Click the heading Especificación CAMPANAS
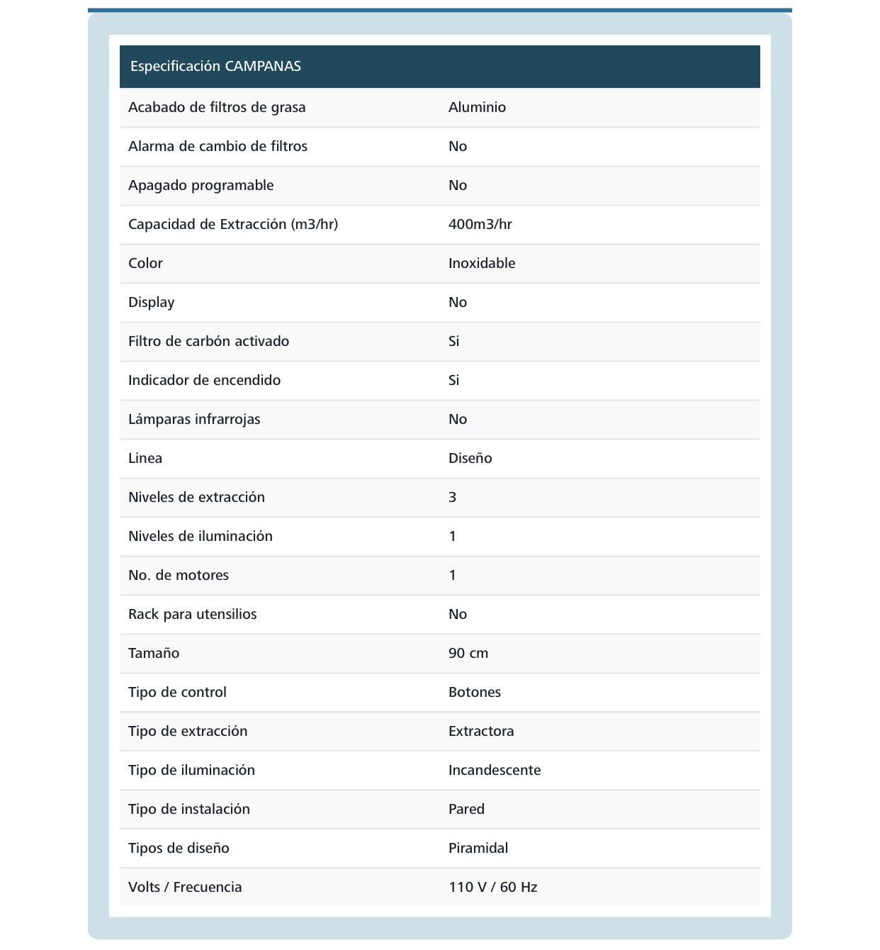pyautogui.click(x=215, y=67)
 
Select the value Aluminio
pyautogui.click(x=477, y=108)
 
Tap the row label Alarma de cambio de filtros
pyautogui.click(x=218, y=147)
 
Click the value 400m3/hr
pyautogui.click(x=480, y=225)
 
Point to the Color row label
pyautogui.click(x=145, y=264)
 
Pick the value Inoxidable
pyautogui.click(x=482, y=264)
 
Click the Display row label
pyautogui.click(x=151, y=303)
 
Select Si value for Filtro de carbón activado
pyautogui.click(x=453, y=342)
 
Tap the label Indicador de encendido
pyautogui.click(x=204, y=381)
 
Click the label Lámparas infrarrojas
pyautogui.click(x=194, y=420)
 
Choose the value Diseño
pyautogui.click(x=470, y=459)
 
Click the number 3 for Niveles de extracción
pyautogui.click(x=452, y=498)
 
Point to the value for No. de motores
pyautogui.click(x=452, y=576)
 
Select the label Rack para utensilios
pyautogui.click(x=192, y=615)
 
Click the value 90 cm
pyautogui.click(x=468, y=654)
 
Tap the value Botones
pyautogui.click(x=474, y=693)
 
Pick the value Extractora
pyautogui.click(x=481, y=732)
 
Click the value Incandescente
pyautogui.click(x=494, y=771)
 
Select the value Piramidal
pyautogui.click(x=478, y=849)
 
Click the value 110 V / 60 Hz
pyautogui.click(x=492, y=888)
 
